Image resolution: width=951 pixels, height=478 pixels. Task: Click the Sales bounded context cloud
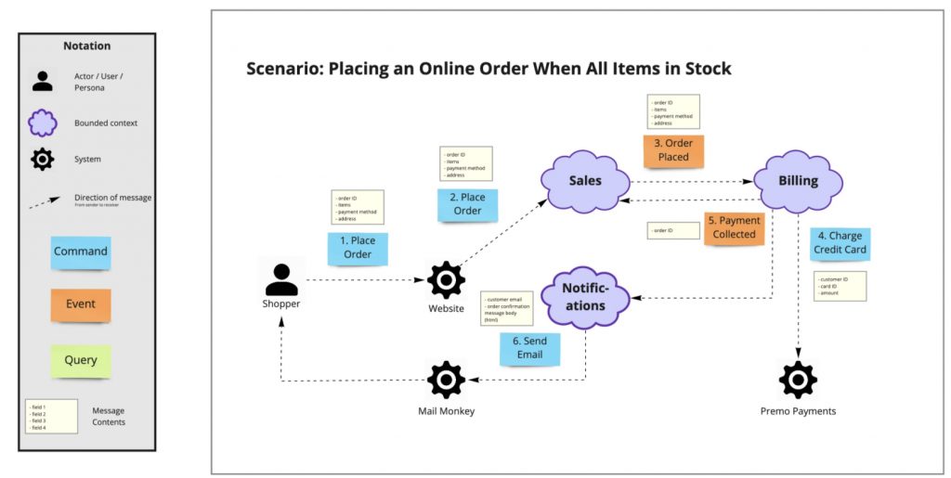click(x=585, y=180)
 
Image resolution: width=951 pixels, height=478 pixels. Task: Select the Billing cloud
click(x=798, y=181)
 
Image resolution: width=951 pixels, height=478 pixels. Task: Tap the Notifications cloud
click(x=583, y=297)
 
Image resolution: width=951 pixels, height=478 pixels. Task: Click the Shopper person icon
click(x=281, y=278)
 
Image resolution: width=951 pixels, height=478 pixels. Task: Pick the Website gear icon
click(x=446, y=279)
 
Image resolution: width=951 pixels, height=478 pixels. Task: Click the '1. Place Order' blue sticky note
click(x=358, y=248)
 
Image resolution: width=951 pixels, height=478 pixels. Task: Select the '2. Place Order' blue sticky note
click(x=467, y=204)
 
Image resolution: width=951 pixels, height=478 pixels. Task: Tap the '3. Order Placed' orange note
click(x=673, y=150)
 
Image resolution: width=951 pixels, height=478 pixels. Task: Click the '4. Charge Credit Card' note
click(x=839, y=243)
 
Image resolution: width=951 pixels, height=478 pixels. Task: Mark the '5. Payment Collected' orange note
click(x=733, y=228)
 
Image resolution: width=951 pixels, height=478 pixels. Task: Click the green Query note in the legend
click(x=81, y=360)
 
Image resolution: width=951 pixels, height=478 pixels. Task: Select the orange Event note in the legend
click(x=81, y=304)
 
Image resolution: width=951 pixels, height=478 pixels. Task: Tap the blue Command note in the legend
click(x=81, y=252)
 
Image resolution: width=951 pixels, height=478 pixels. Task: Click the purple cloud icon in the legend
click(x=43, y=123)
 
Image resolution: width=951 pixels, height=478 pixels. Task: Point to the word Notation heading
click(x=86, y=45)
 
